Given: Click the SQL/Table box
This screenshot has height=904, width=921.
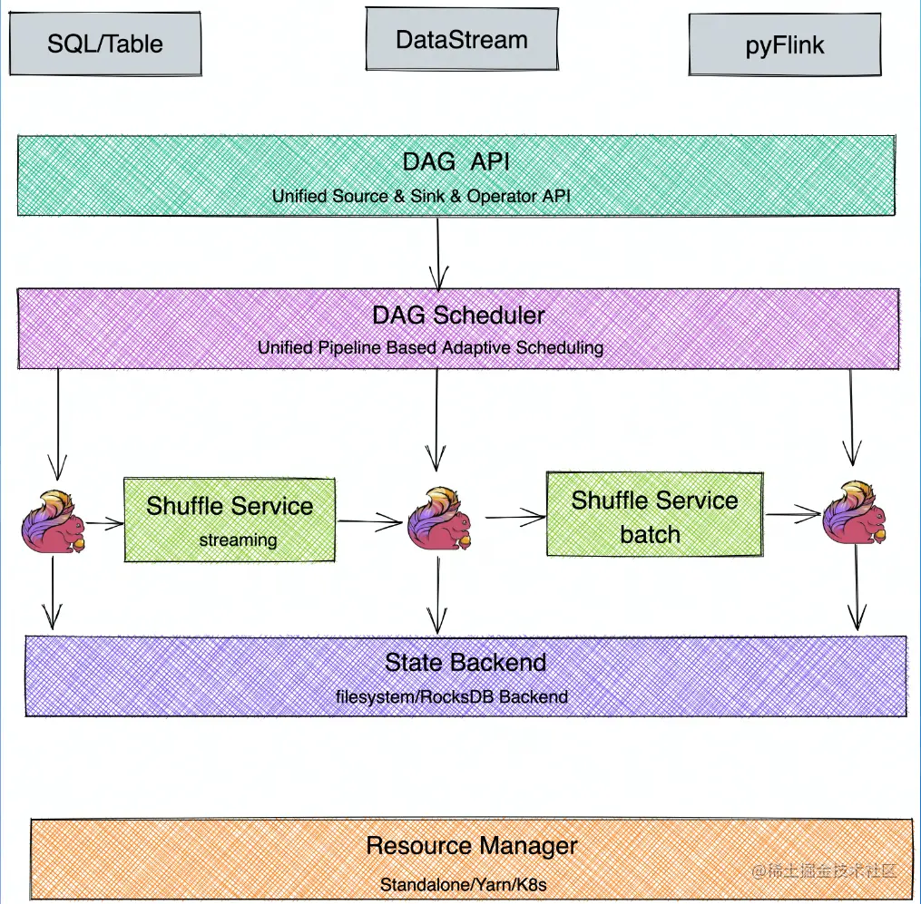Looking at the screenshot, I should [105, 44].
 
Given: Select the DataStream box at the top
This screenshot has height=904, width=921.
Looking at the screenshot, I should [461, 40].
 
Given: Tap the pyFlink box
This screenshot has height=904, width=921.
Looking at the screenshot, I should [785, 45].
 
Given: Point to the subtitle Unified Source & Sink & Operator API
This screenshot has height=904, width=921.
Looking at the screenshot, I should [422, 197].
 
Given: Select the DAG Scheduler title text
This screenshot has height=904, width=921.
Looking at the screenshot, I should [458, 316].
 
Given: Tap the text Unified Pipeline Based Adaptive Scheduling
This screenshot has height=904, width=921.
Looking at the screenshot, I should [430, 347].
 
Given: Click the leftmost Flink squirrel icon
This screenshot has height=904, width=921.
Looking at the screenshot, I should [53, 522].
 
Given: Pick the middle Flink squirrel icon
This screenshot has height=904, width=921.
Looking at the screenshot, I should [438, 520].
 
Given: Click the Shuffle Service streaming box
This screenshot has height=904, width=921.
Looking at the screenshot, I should [229, 520].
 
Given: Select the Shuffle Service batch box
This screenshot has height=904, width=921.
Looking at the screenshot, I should [654, 513].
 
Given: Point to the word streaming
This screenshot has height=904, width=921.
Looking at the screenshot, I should [238, 539].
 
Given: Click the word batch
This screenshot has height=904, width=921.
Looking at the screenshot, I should [650, 534].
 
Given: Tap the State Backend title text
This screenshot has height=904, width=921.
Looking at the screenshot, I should [465, 662].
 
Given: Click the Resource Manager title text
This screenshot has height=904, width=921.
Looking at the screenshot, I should [472, 846].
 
